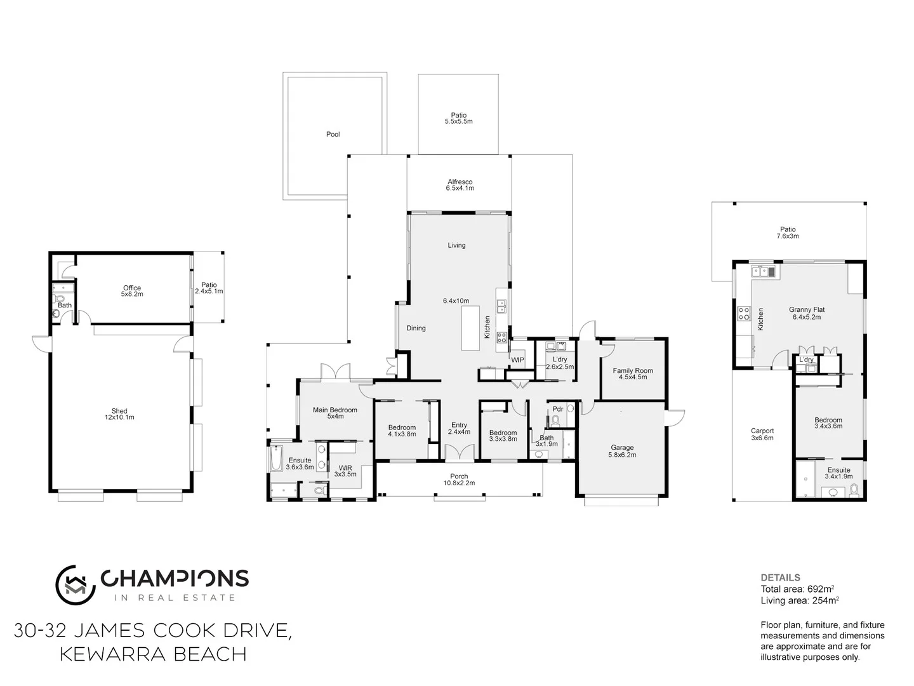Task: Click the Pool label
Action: [x=333, y=135]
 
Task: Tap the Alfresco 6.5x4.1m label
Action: [x=460, y=185]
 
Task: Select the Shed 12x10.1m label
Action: [x=119, y=414]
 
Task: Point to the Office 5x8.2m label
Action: [x=132, y=291]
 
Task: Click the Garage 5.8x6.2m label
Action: [x=622, y=451]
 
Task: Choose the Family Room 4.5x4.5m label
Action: [x=632, y=373]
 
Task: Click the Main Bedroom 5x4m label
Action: [x=334, y=413]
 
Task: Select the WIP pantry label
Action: [x=517, y=360]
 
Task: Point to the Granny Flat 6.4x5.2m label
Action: [x=807, y=313]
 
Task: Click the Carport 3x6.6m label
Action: [x=762, y=434]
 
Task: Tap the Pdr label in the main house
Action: [x=558, y=409]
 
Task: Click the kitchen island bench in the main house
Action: [x=470, y=327]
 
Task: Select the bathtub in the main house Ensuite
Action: [x=276, y=459]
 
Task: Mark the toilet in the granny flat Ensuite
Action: [x=853, y=490]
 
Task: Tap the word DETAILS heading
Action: [x=780, y=578]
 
